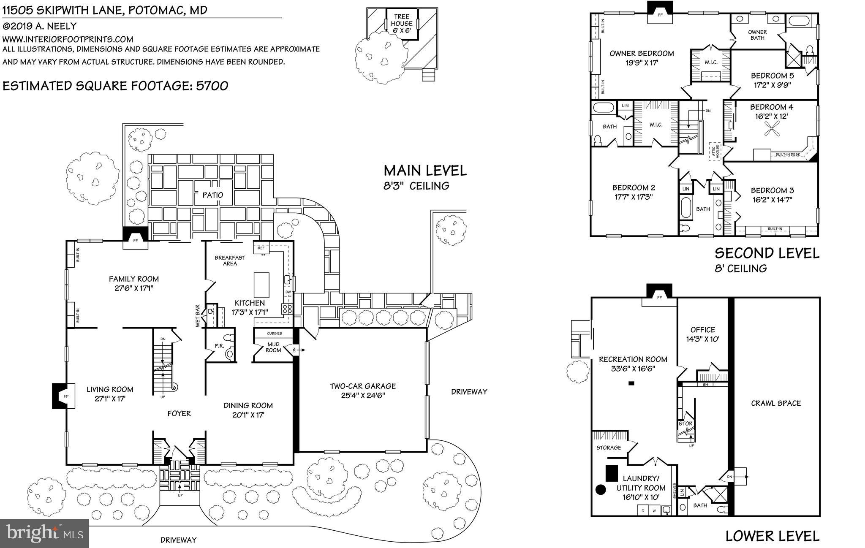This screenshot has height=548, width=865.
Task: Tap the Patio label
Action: coord(212,195)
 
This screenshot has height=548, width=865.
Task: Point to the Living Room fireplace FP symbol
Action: coord(66,396)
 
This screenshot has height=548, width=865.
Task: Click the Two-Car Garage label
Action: coord(363,386)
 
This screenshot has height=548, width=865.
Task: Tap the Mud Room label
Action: coord(273,347)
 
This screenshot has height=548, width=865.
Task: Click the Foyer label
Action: coord(179,413)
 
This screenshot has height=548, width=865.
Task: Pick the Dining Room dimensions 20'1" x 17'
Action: coord(248,415)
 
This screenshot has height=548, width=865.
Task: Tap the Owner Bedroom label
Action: coord(642,54)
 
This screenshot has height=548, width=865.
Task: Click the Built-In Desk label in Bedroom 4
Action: coord(788,155)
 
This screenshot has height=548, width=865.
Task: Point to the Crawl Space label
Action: coord(776,403)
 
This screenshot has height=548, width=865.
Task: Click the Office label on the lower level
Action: coord(703,330)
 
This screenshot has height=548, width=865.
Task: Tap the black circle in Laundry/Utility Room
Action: coord(600,490)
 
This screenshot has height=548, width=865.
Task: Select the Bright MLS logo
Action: coord(45,533)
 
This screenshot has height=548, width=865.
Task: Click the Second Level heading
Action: coord(767,253)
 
